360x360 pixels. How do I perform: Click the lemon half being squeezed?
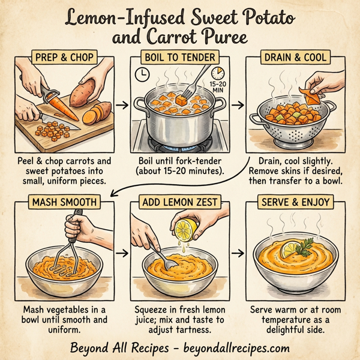pos(184,230)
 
